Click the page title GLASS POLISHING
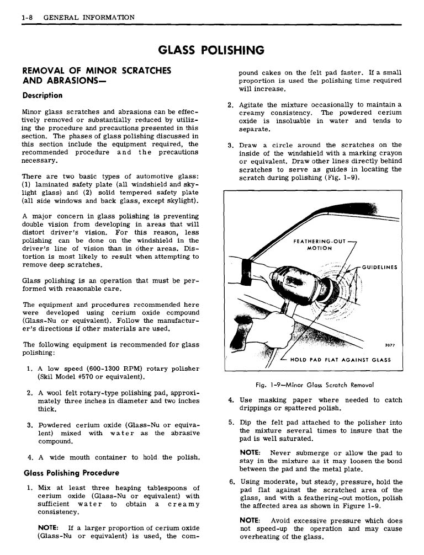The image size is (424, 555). tap(211, 51)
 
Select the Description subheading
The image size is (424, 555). tap(43, 95)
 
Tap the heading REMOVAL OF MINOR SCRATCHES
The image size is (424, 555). tap(96, 71)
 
